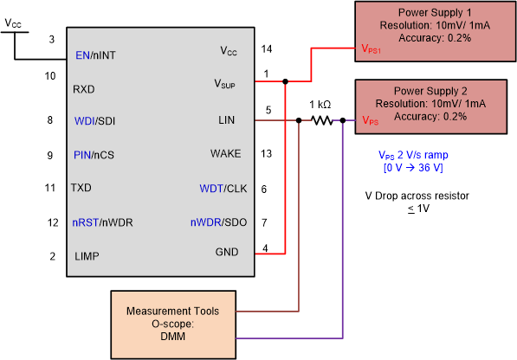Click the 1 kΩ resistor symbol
(321, 121)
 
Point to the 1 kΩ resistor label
(321, 105)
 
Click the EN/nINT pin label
(95, 56)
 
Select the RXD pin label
(84, 88)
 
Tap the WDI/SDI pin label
(95, 121)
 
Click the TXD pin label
(83, 187)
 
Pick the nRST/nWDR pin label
(103, 222)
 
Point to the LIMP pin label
(87, 256)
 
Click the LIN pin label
(238, 121)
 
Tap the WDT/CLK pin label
(223, 188)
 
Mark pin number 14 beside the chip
(267, 51)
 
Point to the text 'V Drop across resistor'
(417, 196)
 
